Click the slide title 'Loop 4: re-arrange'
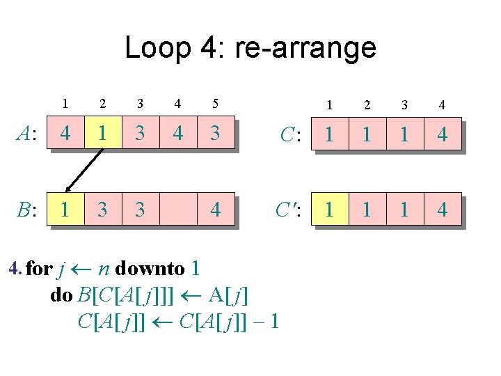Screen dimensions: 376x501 tap(250, 48)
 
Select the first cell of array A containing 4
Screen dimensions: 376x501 tap(65, 132)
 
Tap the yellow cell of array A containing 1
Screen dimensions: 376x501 tap(102, 132)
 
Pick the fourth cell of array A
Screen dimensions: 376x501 tap(177, 132)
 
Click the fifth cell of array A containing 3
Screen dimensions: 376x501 tap(215, 132)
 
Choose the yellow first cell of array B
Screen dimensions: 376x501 tap(65, 209)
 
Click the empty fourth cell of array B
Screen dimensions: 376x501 tap(177, 209)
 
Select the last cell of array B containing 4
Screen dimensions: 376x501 tap(215, 209)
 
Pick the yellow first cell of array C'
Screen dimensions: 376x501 tap(329, 209)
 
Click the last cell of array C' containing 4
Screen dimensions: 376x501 tap(442, 209)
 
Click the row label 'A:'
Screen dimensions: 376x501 tap(27, 133)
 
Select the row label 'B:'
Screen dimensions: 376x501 tap(27, 210)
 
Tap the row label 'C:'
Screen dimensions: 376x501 tap(291, 133)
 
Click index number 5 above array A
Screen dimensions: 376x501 tap(215, 104)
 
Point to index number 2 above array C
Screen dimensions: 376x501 tap(367, 105)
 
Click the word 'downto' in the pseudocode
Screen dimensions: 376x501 tap(150, 268)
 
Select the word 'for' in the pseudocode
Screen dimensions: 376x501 tap(38, 268)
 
